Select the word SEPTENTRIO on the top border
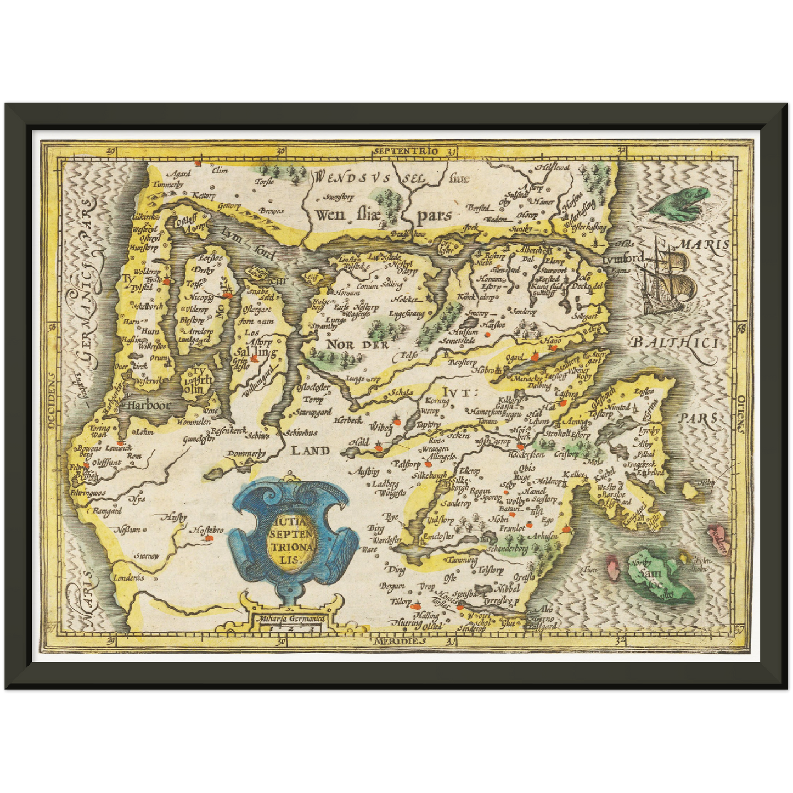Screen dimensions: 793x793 406,150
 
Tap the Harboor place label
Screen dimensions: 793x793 149,406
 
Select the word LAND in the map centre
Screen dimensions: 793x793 310,451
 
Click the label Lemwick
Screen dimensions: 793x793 119,448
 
